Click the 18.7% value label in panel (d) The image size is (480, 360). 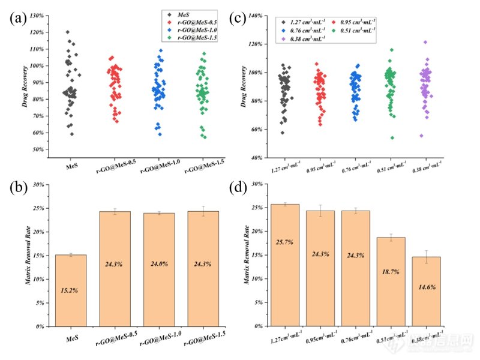(x=391, y=272)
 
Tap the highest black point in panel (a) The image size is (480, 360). (x=67, y=32)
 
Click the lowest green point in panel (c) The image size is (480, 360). (x=391, y=137)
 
